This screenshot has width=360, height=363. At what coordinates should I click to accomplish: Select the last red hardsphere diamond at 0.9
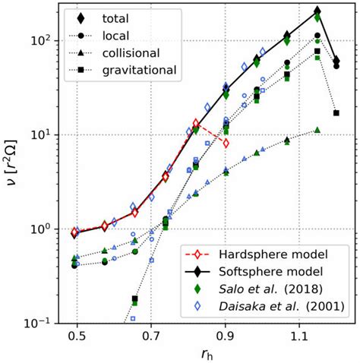[x=226, y=143]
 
